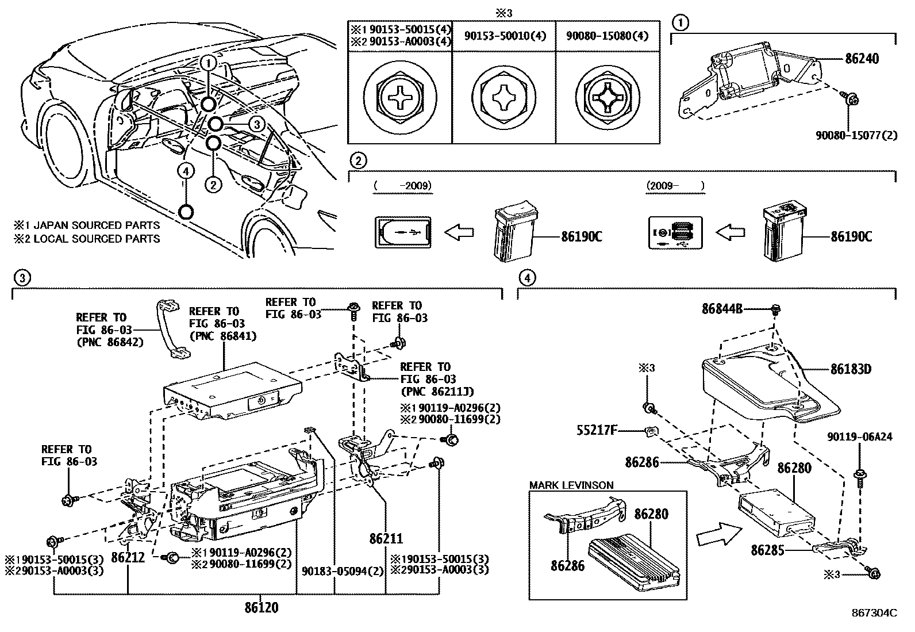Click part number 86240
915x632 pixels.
pos(862,59)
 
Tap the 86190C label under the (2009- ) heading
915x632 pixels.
pos(851,236)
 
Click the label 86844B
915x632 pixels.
pos(722,309)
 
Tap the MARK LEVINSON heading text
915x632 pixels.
pos(571,485)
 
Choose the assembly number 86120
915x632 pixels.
pos(261,607)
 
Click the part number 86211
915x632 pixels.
pos(386,539)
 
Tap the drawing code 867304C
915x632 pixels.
pos(874,613)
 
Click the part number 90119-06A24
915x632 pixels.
pos(860,437)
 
